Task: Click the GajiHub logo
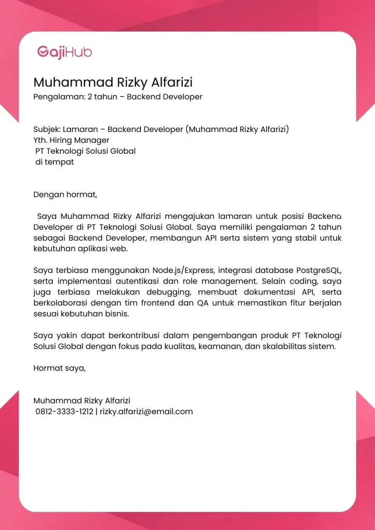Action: (64, 52)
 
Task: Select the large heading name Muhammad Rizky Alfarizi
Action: (113, 83)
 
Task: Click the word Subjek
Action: (47, 129)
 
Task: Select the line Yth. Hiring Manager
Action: (71, 140)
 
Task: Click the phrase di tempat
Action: (54, 162)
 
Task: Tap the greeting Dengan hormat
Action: (65, 195)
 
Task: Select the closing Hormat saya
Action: (60, 368)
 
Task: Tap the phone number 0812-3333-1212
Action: (64, 412)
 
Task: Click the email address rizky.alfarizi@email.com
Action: (146, 412)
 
